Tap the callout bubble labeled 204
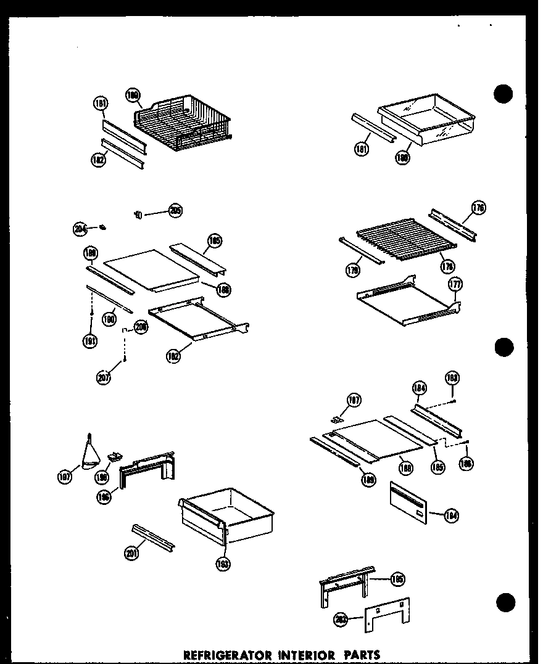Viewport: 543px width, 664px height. click(x=79, y=230)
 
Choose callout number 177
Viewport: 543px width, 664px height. click(x=455, y=284)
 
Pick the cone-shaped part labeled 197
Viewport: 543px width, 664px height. click(x=91, y=455)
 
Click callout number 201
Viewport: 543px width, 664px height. click(x=131, y=554)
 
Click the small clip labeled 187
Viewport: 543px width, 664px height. click(x=337, y=419)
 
